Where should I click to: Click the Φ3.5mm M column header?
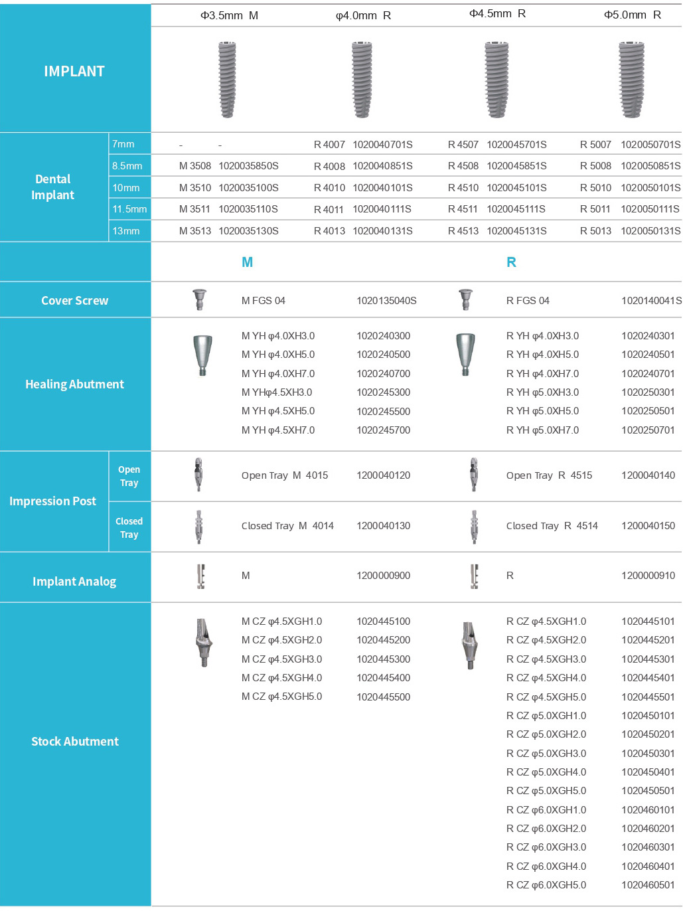[x=229, y=15]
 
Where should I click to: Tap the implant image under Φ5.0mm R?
[x=631, y=79]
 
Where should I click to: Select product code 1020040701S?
[x=382, y=145]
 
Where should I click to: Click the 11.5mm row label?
[x=129, y=209]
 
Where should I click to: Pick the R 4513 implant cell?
[x=463, y=231]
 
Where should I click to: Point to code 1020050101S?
[x=650, y=188]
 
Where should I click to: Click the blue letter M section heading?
[x=247, y=262]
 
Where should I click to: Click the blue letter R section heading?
[x=511, y=262]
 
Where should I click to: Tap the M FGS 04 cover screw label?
[x=263, y=301]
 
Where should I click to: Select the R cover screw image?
[x=466, y=299]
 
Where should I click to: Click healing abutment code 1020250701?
[x=648, y=430]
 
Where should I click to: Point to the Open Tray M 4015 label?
[x=285, y=475]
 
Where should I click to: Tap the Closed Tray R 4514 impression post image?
[x=474, y=527]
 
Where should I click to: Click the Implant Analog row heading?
[x=74, y=582]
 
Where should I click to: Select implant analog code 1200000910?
[x=648, y=576]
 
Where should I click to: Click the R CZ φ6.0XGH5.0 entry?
[x=546, y=885]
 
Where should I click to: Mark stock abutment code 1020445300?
[x=383, y=659]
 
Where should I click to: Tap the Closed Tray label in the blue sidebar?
[x=129, y=528]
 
